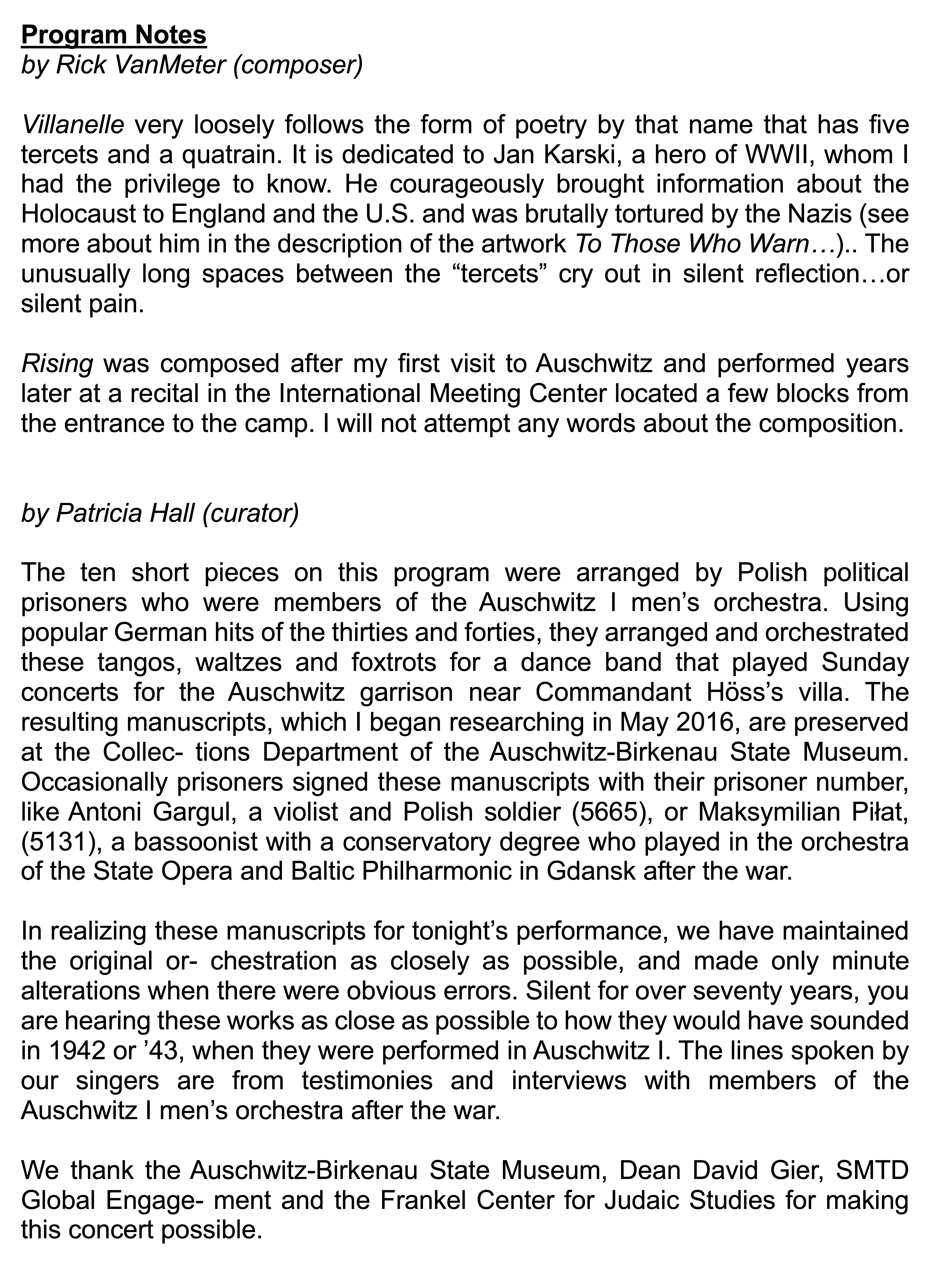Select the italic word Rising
click(x=57, y=364)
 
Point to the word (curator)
click(x=250, y=513)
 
